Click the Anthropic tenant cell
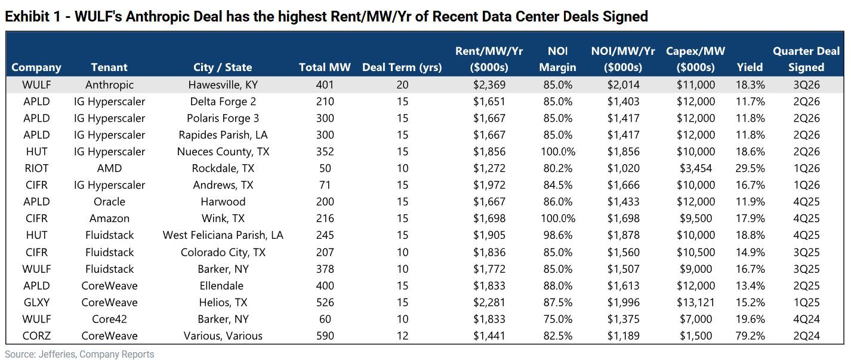109,85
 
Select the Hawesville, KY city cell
223,85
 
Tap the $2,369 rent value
489,85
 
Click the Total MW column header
325,67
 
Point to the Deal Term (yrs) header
402,67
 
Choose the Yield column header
750,67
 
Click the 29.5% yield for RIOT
750,168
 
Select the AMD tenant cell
109,168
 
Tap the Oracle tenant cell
109,201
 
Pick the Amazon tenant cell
109,218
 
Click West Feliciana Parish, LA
223,235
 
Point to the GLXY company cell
36,302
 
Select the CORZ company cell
36,336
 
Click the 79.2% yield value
750,336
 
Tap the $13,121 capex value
696,302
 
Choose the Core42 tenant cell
109,319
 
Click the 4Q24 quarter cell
806,319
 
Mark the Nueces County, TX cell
223,152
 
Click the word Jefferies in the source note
57,354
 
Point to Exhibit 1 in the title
33,16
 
